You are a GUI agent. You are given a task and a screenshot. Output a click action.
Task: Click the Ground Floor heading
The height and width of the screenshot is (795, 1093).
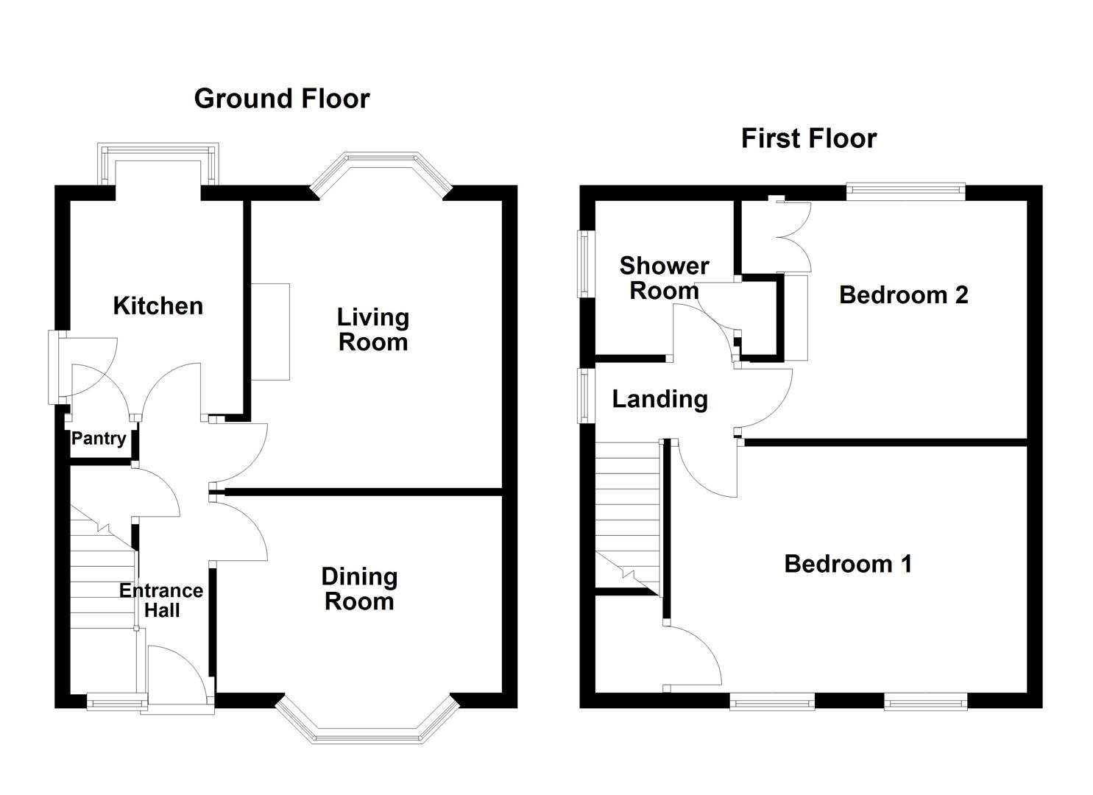tap(282, 99)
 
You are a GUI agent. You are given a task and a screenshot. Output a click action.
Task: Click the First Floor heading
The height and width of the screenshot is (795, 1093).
tap(809, 138)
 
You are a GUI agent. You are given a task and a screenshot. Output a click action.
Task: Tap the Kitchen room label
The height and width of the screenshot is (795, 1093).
tap(158, 306)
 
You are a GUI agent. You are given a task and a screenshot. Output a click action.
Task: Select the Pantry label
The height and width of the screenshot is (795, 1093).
tap(99, 438)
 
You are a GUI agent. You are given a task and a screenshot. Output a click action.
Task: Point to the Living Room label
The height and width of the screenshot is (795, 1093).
tap(372, 330)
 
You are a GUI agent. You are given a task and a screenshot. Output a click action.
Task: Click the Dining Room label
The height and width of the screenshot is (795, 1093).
tap(359, 589)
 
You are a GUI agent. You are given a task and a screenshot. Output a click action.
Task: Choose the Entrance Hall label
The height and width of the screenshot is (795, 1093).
tap(161, 600)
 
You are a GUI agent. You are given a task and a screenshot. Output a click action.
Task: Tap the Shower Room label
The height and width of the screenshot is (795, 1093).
tap(664, 278)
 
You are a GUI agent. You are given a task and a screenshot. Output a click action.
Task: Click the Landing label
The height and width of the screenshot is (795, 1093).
tap(659, 399)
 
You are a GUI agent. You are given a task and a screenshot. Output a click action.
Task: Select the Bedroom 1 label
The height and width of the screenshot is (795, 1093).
tap(848, 564)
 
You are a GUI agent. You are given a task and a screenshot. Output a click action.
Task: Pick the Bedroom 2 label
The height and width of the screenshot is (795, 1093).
tap(903, 294)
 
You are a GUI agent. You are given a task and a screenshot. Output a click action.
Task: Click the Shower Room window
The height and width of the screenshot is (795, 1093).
tap(584, 264)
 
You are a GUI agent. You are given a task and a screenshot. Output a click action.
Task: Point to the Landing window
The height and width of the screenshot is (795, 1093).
tap(584, 395)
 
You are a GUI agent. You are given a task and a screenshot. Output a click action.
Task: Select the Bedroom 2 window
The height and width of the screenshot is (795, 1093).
tap(905, 191)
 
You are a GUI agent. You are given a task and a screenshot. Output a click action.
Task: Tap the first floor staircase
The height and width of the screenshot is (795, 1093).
tap(629, 518)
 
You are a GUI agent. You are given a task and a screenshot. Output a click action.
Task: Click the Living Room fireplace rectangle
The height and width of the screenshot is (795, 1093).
tap(270, 332)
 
